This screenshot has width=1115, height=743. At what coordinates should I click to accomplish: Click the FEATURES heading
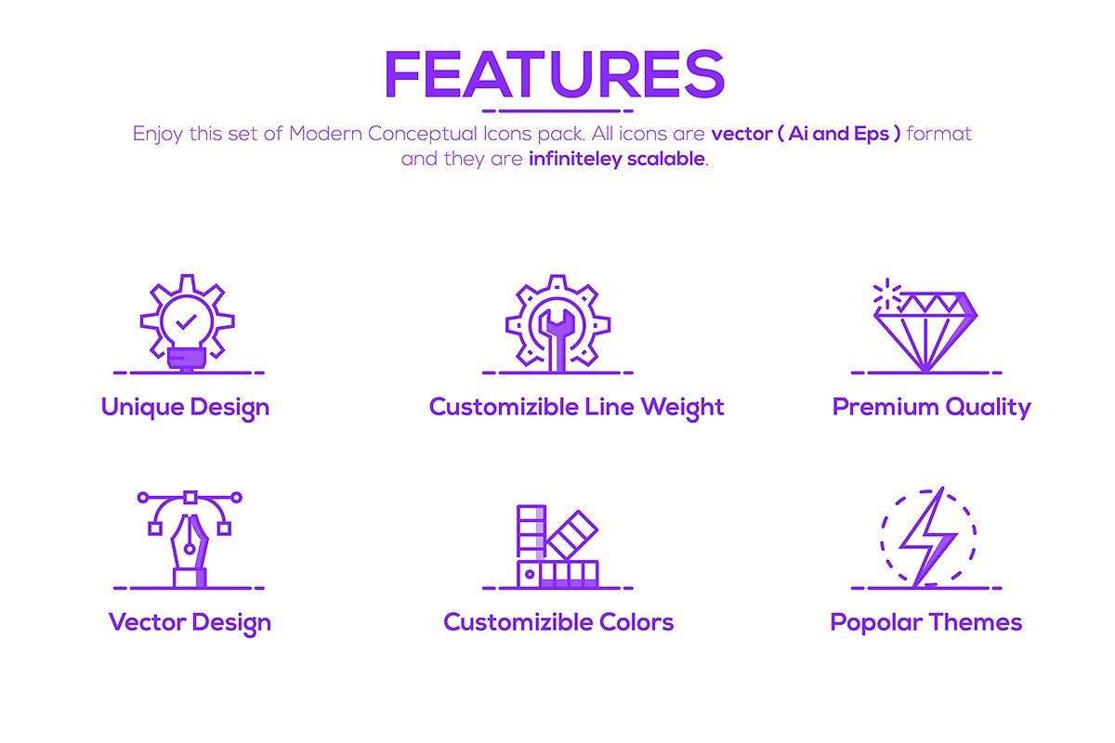pyautogui.click(x=554, y=73)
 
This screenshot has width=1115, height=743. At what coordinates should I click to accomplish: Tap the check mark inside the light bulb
pyautogui.click(x=187, y=322)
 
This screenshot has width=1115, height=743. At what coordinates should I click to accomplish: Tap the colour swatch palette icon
pyautogui.click(x=557, y=547)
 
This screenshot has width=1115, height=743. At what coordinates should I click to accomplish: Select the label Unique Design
pyautogui.click(x=185, y=408)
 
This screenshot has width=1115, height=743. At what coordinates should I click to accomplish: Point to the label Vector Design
pyautogui.click(x=190, y=622)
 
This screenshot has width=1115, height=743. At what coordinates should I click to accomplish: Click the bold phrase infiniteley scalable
pyautogui.click(x=616, y=159)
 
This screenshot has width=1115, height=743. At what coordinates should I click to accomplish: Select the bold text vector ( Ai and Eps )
pyautogui.click(x=806, y=134)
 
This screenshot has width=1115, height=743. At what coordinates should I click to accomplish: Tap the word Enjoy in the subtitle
pyautogui.click(x=158, y=134)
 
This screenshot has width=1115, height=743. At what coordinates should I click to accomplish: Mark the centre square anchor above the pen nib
pyautogui.click(x=190, y=497)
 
